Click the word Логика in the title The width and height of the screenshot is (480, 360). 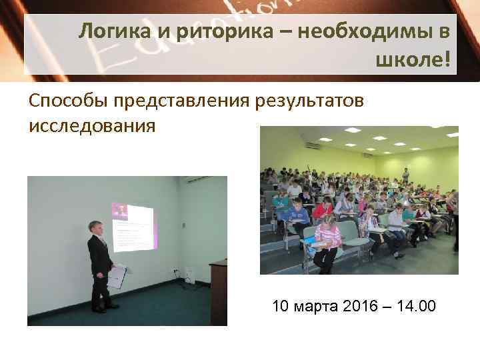coord(111,31)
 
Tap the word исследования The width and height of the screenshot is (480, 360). coord(92,125)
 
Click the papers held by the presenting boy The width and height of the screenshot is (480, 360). coord(117,275)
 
